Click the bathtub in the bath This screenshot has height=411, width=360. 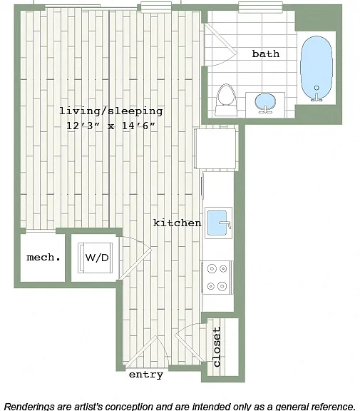pos(317,68)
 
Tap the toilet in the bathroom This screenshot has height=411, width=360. pos(226,100)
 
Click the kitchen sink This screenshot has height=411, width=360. pos(218,223)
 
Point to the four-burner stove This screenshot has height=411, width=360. pos(217,278)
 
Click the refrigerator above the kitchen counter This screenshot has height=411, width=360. pos(216,148)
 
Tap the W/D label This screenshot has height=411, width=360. pos(97,258)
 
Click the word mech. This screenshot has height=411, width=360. pos(43,258)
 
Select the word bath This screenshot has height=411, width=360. pos(265,54)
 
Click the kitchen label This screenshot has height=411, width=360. pos(178,223)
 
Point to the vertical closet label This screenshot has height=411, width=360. pos(217,347)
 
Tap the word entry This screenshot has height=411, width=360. pos(146,375)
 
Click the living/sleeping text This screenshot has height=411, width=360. pos(111,111)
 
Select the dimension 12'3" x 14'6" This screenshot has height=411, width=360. pos(110,126)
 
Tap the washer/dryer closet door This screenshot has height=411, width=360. pos(135,264)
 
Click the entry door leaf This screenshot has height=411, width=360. pos(141,352)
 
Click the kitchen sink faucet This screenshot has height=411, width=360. pos(225,224)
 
